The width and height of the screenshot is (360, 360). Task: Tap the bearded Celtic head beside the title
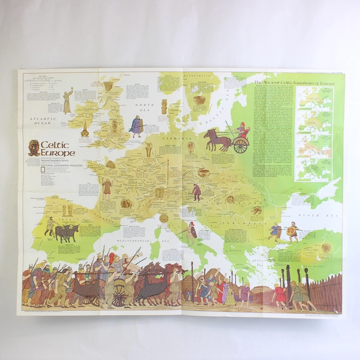[x=35, y=146]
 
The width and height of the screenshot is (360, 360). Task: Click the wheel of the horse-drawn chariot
[x=241, y=146]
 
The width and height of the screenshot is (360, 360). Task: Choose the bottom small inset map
[x=314, y=170]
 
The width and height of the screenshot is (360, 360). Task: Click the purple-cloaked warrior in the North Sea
[x=137, y=125]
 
